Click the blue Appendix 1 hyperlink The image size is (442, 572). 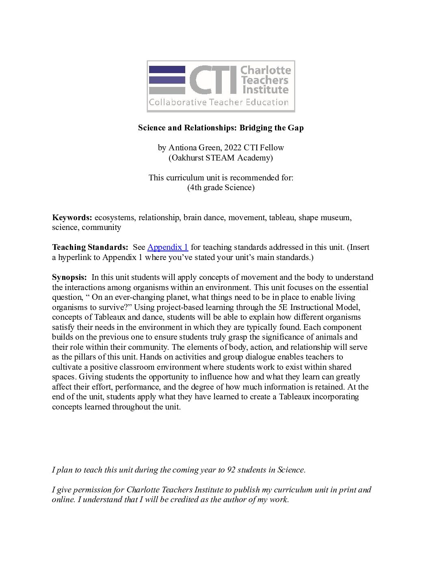[x=167, y=247]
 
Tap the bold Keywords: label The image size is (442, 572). [x=72, y=217]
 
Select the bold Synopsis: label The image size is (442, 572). [x=69, y=277]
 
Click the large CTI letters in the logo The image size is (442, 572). [x=213, y=80]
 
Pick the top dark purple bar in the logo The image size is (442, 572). [x=167, y=69]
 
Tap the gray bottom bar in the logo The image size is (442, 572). [x=167, y=90]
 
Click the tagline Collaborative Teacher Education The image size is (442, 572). [x=219, y=102]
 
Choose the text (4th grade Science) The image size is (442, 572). [x=221, y=187]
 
